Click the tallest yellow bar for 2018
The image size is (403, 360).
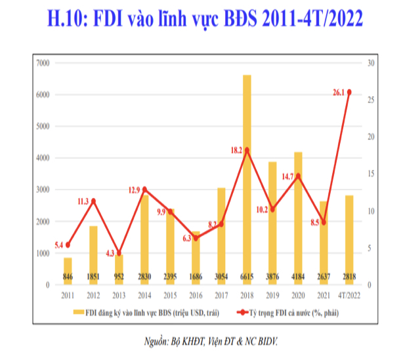point(247,177)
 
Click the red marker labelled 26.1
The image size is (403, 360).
point(349,92)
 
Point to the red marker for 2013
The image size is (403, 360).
point(119,253)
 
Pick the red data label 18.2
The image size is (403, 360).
point(234,149)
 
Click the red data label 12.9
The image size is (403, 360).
point(133,190)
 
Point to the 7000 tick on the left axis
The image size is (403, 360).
point(44,63)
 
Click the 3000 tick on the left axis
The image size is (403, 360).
point(44,190)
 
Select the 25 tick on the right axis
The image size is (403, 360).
point(371,100)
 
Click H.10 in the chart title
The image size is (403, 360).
point(70,18)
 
